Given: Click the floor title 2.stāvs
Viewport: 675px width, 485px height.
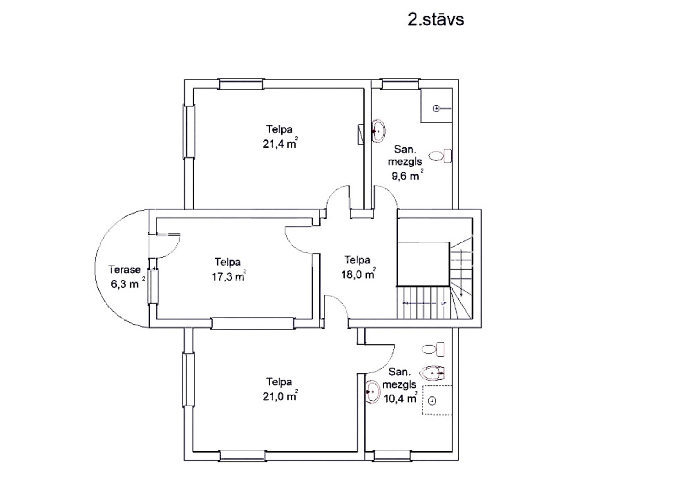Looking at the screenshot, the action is coord(436,19).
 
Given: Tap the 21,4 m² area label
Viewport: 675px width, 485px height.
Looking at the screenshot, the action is coord(280,143).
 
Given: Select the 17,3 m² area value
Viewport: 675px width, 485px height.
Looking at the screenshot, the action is coord(229,276).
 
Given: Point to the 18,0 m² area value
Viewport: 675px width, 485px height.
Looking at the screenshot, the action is coord(358,274).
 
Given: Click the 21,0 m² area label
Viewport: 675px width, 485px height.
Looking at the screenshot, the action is coord(280,396).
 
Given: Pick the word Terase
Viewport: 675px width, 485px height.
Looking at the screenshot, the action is coord(125,270).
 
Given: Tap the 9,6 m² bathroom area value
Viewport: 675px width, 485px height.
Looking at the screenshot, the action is coord(407,175).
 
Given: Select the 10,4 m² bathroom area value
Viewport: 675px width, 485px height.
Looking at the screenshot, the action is coord(400,398).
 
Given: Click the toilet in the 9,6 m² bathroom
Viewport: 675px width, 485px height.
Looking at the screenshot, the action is coord(440,156).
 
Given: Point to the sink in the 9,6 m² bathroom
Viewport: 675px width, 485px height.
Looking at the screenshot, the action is coord(378,131).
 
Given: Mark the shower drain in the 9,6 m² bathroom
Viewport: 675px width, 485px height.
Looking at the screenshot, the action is coord(436,109).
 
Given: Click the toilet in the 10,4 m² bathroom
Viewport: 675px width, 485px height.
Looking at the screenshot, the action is coord(433,349).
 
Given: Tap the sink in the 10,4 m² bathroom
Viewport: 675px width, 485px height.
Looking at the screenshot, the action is coord(373,392).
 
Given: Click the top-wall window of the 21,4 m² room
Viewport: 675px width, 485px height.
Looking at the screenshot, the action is coord(241,84).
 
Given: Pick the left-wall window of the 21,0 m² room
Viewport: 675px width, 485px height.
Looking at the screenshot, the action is coord(188,380).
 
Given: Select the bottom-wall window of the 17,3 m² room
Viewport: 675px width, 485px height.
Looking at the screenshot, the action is coord(253,323).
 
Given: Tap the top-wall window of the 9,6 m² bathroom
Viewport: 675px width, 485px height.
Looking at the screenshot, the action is coord(400,84).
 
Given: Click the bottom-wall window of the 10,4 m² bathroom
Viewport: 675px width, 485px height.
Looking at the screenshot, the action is coord(392,456).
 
